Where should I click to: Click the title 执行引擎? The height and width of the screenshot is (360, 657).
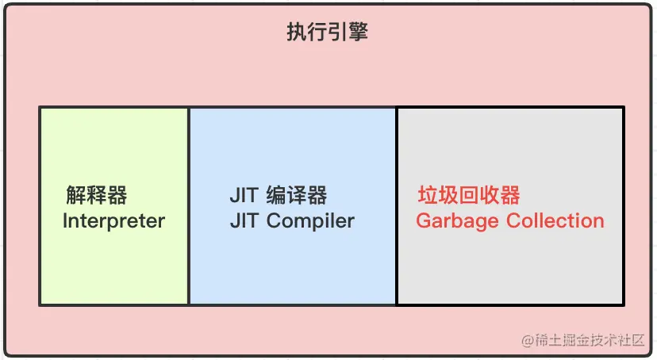[x=327, y=33]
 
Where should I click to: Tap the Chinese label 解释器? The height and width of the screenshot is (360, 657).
[x=97, y=195]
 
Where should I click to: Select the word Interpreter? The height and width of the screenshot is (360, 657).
[x=113, y=220]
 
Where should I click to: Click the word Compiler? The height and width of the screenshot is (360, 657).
[x=310, y=220]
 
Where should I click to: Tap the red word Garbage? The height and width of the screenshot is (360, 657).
[x=459, y=220]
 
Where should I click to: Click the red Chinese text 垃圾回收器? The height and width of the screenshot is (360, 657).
[x=469, y=195]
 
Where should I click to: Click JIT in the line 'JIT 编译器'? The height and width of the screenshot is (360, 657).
[x=244, y=195]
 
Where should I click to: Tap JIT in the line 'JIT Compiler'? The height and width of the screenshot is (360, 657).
[x=244, y=220]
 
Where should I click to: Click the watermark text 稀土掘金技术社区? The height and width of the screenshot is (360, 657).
[x=590, y=340]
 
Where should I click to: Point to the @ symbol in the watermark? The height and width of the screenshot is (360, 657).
[x=527, y=341]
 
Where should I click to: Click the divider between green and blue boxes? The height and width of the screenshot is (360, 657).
[x=189, y=206]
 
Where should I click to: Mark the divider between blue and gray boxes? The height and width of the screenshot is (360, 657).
[x=397, y=206]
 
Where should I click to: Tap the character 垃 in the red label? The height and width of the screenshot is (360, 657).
[x=428, y=195]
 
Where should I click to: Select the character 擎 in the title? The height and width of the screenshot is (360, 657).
[x=358, y=33]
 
